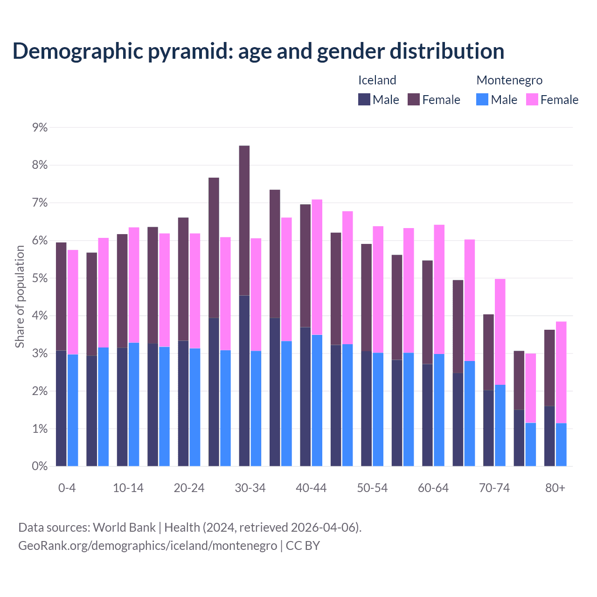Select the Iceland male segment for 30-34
click(x=244, y=381)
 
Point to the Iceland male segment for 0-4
click(x=61, y=408)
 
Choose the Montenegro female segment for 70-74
click(x=500, y=332)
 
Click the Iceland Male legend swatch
click(x=364, y=99)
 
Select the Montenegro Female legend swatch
click(x=532, y=99)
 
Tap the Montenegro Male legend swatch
click(x=482, y=99)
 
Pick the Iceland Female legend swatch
click(x=414, y=99)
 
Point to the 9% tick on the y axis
click(x=40, y=127)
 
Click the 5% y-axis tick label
click(x=40, y=278)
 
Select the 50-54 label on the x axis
click(x=372, y=488)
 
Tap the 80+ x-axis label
click(x=555, y=488)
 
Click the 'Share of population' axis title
click(x=20, y=297)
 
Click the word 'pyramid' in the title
click(x=190, y=51)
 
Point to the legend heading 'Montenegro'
click(x=509, y=80)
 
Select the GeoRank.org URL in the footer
click(x=147, y=545)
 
